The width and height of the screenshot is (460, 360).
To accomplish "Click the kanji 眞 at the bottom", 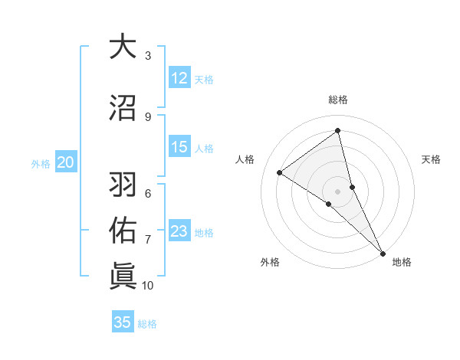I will (x=123, y=274).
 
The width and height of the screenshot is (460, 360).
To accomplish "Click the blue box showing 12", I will (x=179, y=78).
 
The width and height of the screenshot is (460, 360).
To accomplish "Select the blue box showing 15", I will (x=179, y=148).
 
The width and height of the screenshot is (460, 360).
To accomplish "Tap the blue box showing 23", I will (x=179, y=232).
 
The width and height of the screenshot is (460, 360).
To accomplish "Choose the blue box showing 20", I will (x=66, y=162).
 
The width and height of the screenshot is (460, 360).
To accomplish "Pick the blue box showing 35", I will (x=123, y=322).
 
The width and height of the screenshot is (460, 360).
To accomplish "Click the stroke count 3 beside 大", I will (x=148, y=56).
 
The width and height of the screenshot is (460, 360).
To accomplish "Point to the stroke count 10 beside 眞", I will (x=148, y=286).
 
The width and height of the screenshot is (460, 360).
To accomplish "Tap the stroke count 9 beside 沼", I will (x=148, y=116).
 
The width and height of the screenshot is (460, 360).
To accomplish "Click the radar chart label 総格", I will (x=338, y=100).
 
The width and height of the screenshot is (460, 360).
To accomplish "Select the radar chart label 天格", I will (x=432, y=159).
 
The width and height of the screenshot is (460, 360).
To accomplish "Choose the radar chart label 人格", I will (x=245, y=159).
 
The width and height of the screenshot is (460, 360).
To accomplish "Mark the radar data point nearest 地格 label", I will (x=382, y=253).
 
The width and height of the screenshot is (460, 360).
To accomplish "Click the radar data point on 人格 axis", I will (x=280, y=172).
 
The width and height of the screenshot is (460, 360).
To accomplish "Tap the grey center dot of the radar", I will (x=338, y=191).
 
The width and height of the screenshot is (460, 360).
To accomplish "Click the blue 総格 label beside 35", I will (x=147, y=323).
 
